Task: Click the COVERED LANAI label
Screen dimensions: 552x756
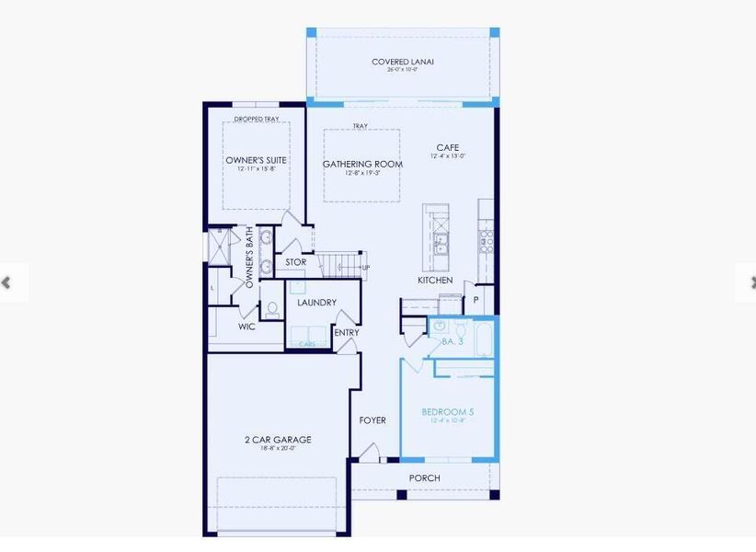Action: click(403, 62)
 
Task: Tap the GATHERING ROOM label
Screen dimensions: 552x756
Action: click(362, 164)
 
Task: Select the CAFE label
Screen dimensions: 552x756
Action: click(447, 147)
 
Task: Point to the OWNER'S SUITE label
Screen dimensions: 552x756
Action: click(256, 160)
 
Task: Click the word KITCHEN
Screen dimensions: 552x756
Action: click(435, 280)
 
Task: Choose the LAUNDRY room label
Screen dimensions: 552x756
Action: click(316, 302)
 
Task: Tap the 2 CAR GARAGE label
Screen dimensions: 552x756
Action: click(278, 440)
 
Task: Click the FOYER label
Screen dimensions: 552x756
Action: click(372, 420)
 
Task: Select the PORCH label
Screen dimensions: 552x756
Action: click(424, 477)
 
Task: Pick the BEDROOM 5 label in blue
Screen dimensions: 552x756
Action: click(447, 411)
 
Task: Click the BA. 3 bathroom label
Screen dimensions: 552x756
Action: click(452, 341)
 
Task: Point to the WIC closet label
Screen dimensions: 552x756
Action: click(246, 326)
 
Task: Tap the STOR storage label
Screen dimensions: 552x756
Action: click(295, 262)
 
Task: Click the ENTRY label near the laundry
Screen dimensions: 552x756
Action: click(347, 332)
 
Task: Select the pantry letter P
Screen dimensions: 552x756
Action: click(476, 299)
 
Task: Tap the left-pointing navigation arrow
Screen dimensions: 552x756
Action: click(7, 282)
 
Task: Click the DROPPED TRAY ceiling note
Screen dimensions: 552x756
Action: click(256, 119)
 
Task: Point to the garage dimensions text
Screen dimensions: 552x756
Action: click(278, 450)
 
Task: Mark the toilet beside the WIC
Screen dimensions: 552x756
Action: click(272, 310)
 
